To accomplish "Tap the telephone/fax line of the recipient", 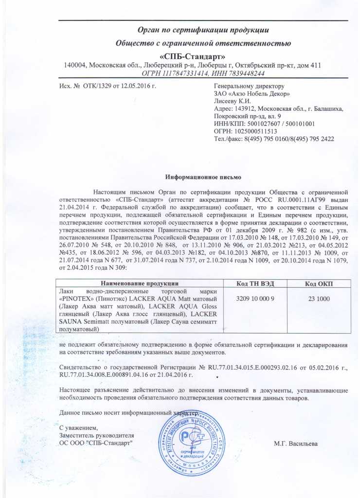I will tap(274, 139).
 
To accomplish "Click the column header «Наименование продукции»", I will tap(139, 283).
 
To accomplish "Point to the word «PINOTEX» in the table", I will tap(78, 298).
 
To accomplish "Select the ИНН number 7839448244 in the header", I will tap(243, 73).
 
